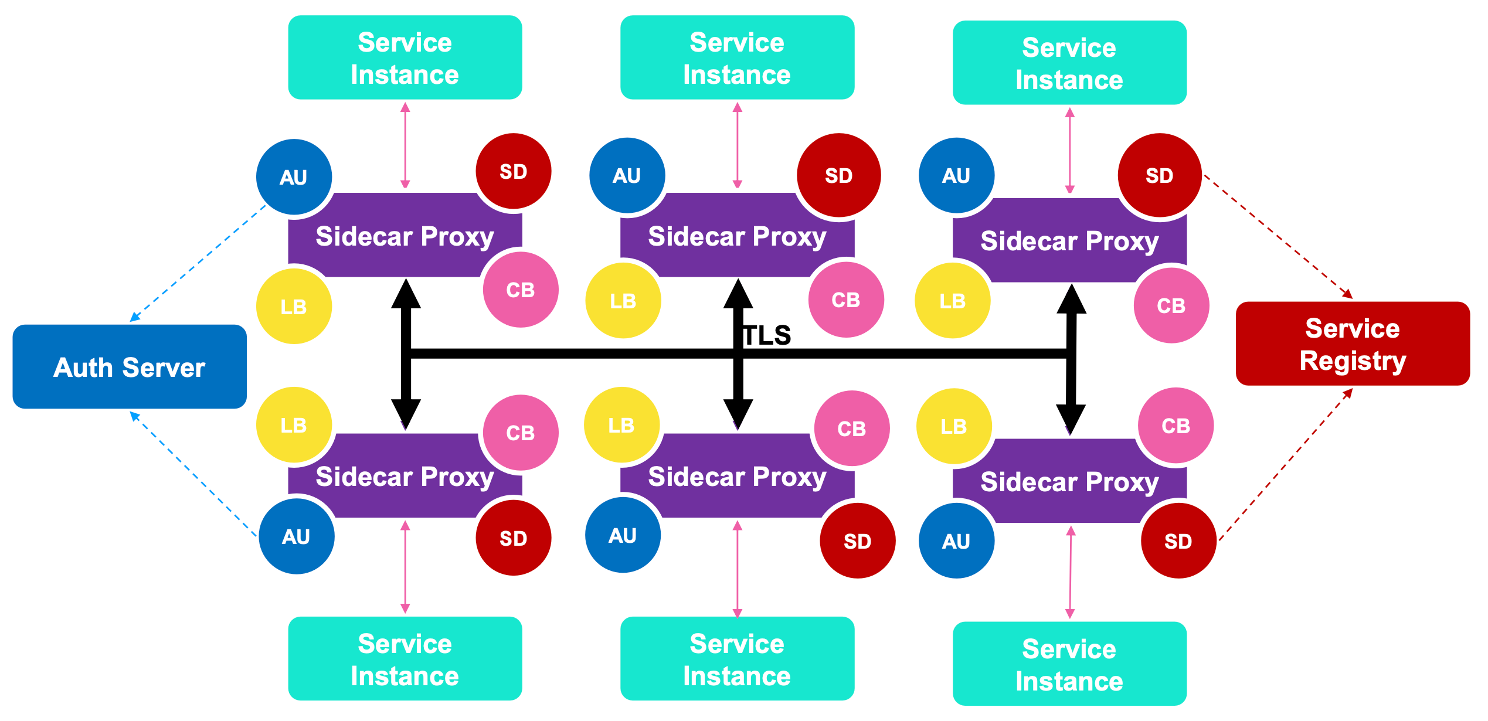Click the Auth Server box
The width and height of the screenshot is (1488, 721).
click(130, 367)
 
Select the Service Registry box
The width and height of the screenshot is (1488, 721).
click(1352, 344)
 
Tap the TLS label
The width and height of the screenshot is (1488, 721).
click(767, 336)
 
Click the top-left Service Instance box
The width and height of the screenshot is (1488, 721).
click(405, 57)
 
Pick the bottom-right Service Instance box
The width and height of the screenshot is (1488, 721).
click(1069, 664)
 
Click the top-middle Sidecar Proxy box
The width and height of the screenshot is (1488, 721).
click(737, 236)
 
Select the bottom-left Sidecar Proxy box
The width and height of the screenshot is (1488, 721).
click(405, 477)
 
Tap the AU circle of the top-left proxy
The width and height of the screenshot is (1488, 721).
click(294, 177)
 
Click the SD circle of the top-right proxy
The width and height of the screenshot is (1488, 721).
click(1159, 175)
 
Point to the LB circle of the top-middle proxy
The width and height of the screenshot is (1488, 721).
click(623, 301)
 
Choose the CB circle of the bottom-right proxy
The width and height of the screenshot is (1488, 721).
click(1176, 426)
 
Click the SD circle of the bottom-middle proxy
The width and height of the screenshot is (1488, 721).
click(857, 540)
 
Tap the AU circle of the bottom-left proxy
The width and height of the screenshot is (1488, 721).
click(296, 536)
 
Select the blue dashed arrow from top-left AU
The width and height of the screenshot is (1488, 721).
click(198, 263)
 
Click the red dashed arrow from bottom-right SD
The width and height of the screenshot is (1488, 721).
click(1286, 464)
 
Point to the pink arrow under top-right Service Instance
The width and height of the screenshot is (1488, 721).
click(1069, 151)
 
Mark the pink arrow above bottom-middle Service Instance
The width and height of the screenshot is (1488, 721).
click(738, 569)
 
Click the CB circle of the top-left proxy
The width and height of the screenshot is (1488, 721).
click(520, 290)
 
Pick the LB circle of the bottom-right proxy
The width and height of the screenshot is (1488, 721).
click(953, 426)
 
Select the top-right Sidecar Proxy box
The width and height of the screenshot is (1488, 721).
click(1069, 241)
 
